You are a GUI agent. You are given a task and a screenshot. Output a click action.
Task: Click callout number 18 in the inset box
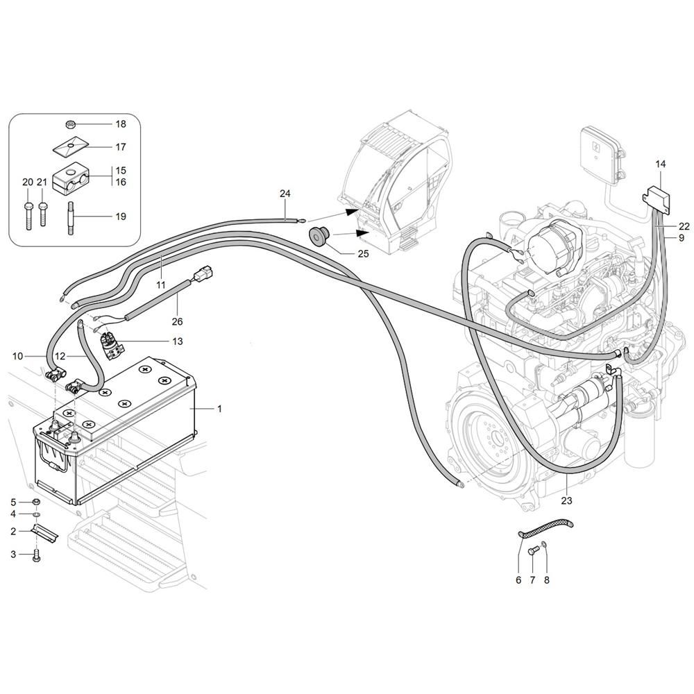click(x=121, y=124)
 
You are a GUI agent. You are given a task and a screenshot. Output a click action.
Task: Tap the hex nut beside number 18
click(x=70, y=124)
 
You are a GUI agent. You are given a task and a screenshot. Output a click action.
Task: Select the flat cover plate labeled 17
click(x=70, y=146)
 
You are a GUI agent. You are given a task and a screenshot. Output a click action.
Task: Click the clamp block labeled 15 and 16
click(x=71, y=179)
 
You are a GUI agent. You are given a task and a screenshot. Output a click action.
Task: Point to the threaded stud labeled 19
click(x=70, y=218)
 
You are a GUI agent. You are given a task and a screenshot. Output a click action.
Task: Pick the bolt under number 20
click(x=28, y=216)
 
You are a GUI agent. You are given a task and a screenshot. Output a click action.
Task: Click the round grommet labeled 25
click(x=318, y=235)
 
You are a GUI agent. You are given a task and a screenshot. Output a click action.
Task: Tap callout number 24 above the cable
click(x=285, y=194)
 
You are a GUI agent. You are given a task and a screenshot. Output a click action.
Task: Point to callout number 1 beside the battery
click(x=219, y=409)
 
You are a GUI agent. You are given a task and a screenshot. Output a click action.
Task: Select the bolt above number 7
click(x=532, y=552)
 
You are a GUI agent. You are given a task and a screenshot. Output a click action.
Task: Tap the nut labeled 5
click(x=37, y=502)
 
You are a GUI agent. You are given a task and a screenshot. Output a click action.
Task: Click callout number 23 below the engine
click(x=566, y=500)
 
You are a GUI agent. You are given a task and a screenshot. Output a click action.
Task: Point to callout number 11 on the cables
click(x=160, y=284)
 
